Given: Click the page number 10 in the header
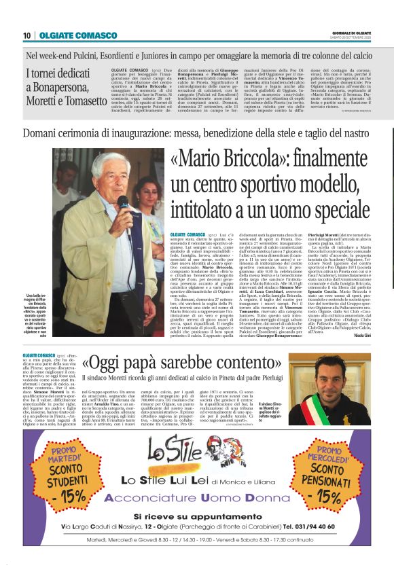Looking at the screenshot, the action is click(26, 35).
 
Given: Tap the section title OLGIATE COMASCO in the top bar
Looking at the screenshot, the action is click(69, 35).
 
